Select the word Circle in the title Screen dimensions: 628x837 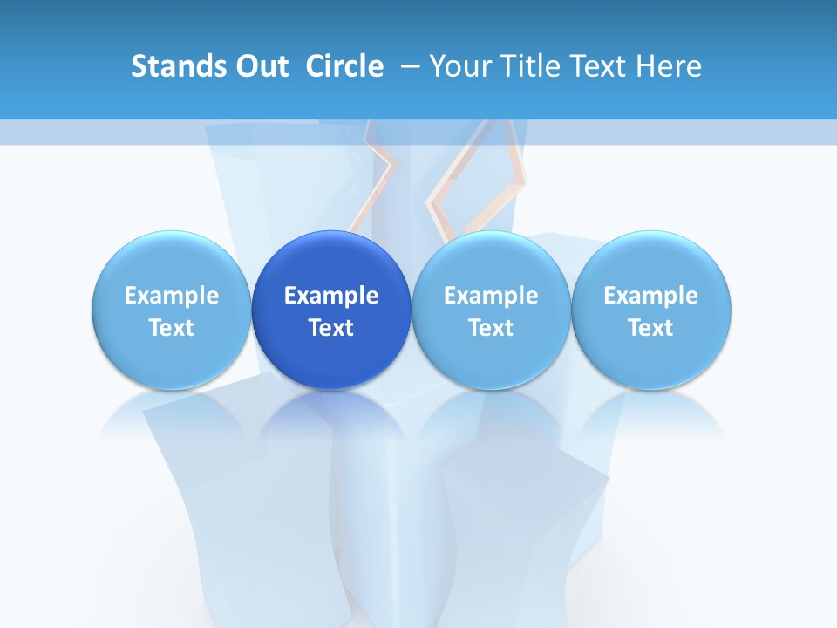[344, 66]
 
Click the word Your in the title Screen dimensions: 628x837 [456, 66]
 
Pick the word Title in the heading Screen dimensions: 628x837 [525, 66]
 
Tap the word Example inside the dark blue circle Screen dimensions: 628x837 [331, 296]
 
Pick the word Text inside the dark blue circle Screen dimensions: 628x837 [331, 328]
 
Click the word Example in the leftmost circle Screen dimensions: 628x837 [172, 296]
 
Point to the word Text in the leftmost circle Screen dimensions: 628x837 [172, 328]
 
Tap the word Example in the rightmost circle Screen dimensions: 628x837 [651, 296]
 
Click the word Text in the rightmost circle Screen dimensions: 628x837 [651, 328]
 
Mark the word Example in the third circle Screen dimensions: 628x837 [491, 296]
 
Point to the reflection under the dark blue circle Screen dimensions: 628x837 [331, 414]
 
